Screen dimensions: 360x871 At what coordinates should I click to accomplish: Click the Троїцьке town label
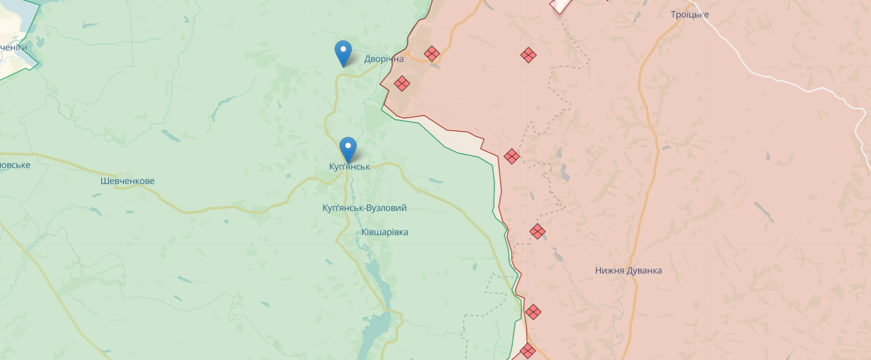click(x=689, y=14)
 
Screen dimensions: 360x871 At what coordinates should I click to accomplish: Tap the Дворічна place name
click(x=384, y=59)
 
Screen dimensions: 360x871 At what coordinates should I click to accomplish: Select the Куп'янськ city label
click(x=349, y=167)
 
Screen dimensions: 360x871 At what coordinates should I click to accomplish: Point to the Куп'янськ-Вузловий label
click(x=364, y=208)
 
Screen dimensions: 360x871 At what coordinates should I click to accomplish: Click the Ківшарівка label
click(x=385, y=232)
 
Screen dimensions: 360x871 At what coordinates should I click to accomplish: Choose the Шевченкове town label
click(x=127, y=181)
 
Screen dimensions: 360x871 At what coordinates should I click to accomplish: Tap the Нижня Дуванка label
click(x=628, y=271)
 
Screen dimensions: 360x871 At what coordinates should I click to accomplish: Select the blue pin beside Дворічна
click(x=344, y=53)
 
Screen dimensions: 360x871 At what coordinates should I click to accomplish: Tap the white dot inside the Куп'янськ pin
click(x=348, y=146)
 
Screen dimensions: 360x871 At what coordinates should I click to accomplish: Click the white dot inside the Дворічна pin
click(x=344, y=49)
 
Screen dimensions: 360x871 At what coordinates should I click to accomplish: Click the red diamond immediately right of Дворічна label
click(x=432, y=54)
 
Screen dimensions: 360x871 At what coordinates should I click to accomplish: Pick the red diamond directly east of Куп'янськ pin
click(x=512, y=156)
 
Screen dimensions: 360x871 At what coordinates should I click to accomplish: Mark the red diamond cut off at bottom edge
click(x=527, y=351)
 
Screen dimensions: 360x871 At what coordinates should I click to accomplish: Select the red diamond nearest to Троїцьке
click(x=528, y=55)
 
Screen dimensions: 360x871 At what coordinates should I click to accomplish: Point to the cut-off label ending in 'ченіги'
click(x=13, y=48)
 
